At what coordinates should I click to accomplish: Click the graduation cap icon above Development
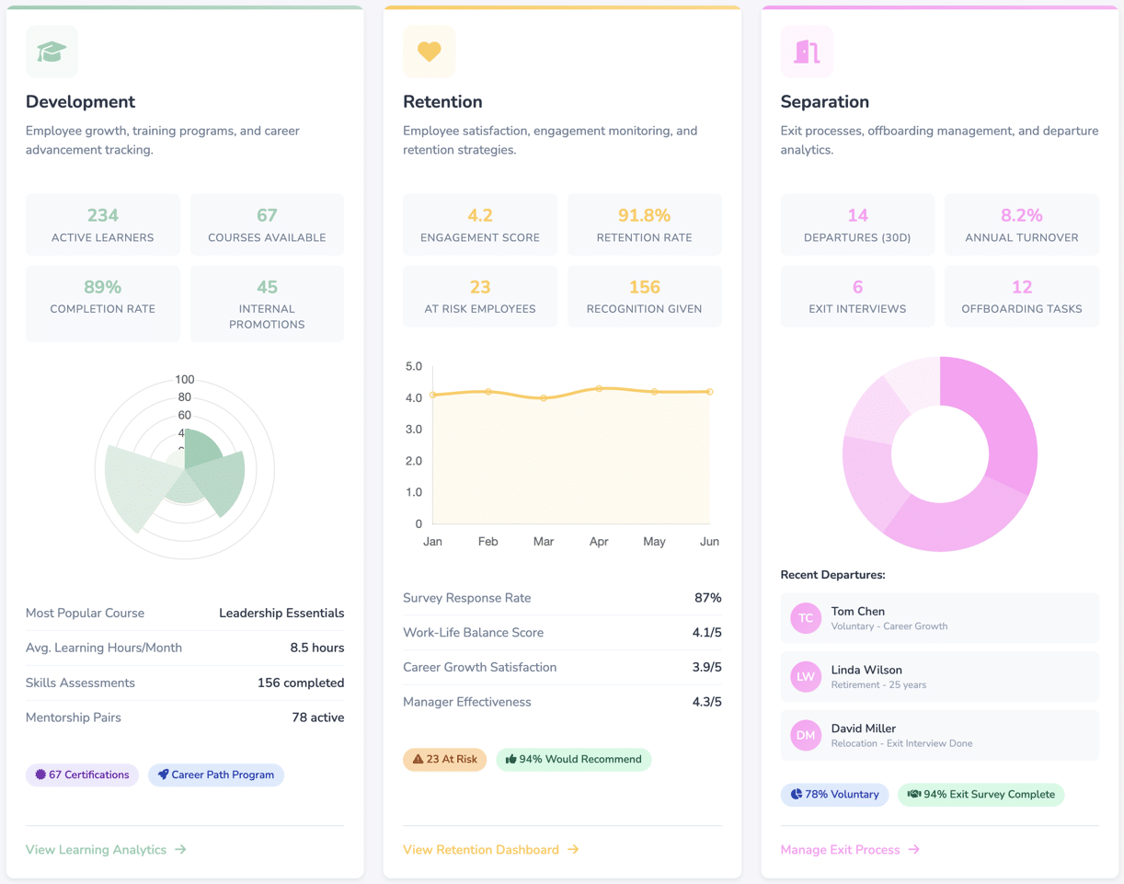coord(52,52)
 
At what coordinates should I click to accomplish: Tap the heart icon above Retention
coord(429,52)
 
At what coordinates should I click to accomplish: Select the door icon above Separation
coord(807,52)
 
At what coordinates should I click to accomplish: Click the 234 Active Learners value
coord(103,215)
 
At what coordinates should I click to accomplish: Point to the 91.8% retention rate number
coord(644,215)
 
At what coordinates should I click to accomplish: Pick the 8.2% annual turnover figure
coord(1021,215)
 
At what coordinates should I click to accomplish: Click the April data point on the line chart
coord(599,388)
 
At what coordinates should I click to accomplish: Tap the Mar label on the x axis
coord(544,542)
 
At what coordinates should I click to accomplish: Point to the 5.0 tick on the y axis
coord(413,366)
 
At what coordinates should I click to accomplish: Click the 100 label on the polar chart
coord(185,380)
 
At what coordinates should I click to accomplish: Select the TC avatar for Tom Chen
coord(805,618)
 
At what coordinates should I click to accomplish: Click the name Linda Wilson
coord(866,670)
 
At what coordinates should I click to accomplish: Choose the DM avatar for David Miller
coord(805,735)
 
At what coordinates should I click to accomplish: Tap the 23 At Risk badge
coord(444,760)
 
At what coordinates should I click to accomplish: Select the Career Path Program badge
coord(216,775)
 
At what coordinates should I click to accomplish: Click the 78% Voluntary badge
coord(834,795)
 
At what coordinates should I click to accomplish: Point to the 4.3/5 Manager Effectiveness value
coord(706,702)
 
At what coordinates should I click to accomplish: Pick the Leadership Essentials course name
coord(281,614)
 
